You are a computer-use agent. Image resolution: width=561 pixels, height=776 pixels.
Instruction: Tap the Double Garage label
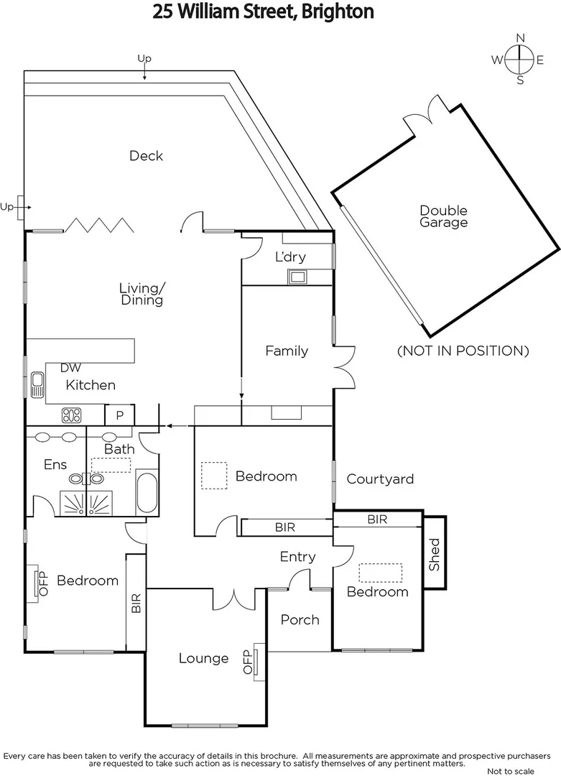point(443,216)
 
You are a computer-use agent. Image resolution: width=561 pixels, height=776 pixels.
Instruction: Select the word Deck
point(146,156)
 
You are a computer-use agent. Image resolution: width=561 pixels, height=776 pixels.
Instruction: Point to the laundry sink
point(297,276)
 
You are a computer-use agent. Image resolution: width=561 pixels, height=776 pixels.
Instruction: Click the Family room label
point(287,351)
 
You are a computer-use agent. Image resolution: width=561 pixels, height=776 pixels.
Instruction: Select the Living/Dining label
point(142,294)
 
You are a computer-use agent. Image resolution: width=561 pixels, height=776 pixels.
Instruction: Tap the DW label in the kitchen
point(70,368)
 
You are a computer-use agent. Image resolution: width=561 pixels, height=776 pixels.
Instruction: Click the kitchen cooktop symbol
point(71,415)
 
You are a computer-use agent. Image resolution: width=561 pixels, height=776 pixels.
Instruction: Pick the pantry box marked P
point(119,415)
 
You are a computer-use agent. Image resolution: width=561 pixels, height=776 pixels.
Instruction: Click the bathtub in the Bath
point(147,492)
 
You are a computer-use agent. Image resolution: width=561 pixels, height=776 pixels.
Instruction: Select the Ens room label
point(55,465)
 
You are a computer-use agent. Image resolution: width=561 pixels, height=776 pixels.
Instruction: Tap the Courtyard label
point(380,479)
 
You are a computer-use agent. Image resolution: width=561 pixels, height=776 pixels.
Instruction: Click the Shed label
point(435,555)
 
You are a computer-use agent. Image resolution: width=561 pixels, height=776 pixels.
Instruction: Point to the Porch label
point(300,619)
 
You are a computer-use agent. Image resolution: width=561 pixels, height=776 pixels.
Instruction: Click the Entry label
point(297,556)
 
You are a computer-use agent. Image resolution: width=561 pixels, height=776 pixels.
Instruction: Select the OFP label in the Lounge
point(248,662)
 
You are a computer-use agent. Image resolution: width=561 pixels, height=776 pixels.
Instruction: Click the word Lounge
point(203,658)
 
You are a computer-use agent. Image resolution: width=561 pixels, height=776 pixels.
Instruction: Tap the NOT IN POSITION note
point(463,351)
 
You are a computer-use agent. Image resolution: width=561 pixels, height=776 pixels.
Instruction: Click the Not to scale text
point(511,771)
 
